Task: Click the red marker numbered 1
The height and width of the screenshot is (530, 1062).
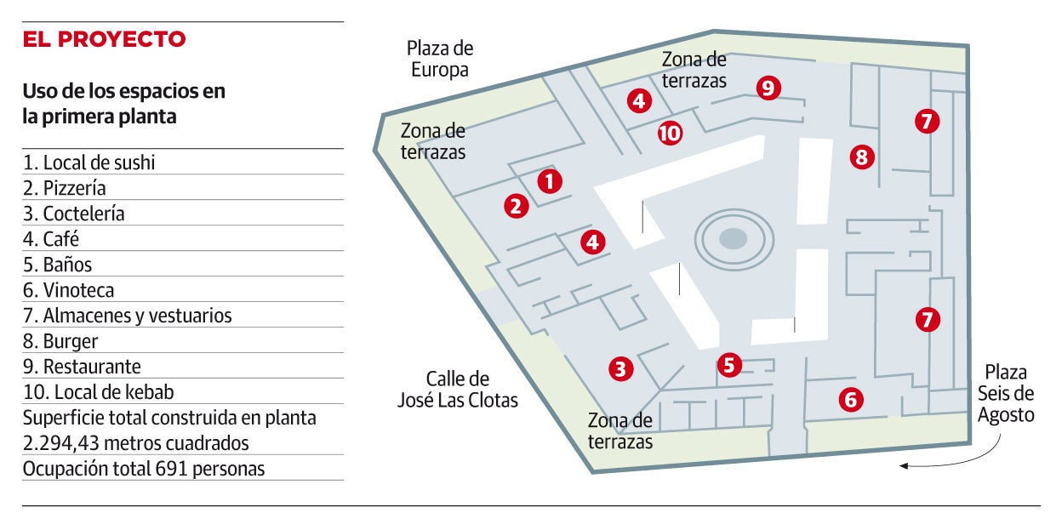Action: point(550,181)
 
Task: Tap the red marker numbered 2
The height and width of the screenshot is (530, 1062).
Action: point(516,206)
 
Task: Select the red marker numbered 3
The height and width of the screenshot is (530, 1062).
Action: point(621,369)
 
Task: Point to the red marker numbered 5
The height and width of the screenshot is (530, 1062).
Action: point(729,365)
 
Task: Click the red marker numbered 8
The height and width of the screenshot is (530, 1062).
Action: point(862,157)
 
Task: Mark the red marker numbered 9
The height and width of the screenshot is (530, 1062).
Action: point(768,88)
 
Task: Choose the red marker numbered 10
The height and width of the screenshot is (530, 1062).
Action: point(671,134)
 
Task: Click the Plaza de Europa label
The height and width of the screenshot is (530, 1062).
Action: point(440,59)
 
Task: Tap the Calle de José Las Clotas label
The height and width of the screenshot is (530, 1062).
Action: point(458,389)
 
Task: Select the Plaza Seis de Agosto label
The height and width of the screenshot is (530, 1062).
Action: point(1006,393)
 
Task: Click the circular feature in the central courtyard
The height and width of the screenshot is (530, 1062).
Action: point(734,239)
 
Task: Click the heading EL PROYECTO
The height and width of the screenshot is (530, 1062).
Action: point(104,39)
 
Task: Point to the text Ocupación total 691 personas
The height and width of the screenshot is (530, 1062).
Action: point(144,469)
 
